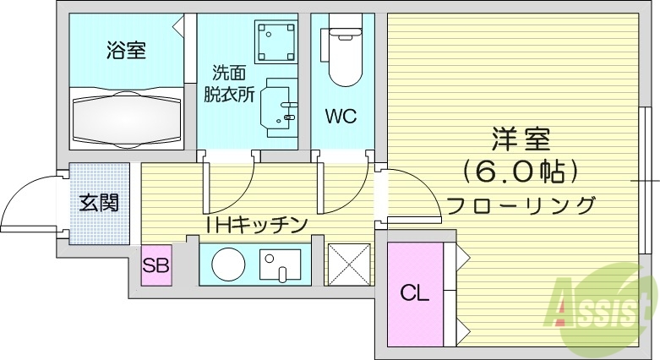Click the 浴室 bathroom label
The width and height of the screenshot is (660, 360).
point(126,51)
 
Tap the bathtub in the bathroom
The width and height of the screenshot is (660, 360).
point(126,117)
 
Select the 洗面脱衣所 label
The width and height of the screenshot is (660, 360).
point(228,84)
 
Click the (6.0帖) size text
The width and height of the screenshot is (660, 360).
point(521,172)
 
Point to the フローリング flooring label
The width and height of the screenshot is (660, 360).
point(521,205)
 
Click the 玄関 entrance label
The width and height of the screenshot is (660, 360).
point(99,203)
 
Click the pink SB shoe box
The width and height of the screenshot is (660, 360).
point(155,266)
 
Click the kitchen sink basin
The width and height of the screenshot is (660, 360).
point(279,265)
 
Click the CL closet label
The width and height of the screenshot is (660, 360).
point(414,293)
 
